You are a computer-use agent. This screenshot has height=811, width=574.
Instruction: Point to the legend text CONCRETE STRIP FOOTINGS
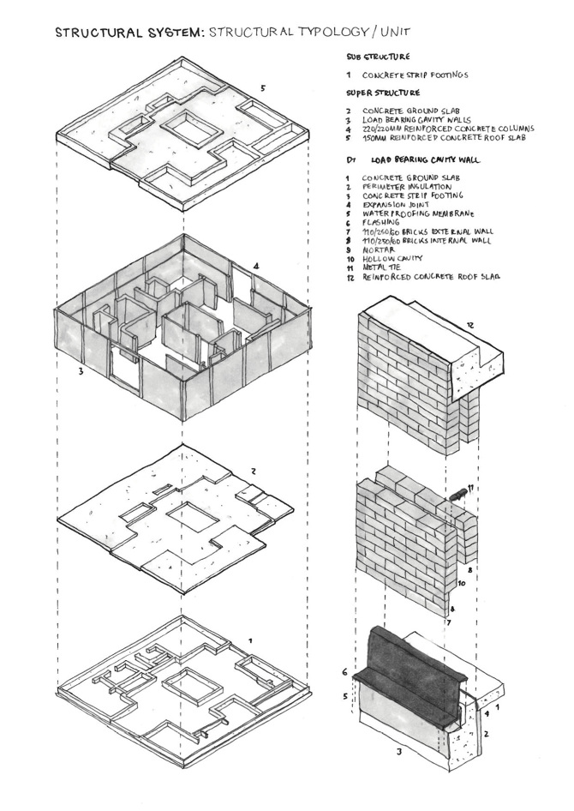click(415, 75)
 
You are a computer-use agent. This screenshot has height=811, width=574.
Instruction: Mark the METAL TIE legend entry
click(386, 267)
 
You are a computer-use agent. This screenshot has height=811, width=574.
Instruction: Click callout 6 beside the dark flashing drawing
click(345, 671)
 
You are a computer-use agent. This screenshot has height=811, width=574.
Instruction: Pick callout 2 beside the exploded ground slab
click(254, 471)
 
